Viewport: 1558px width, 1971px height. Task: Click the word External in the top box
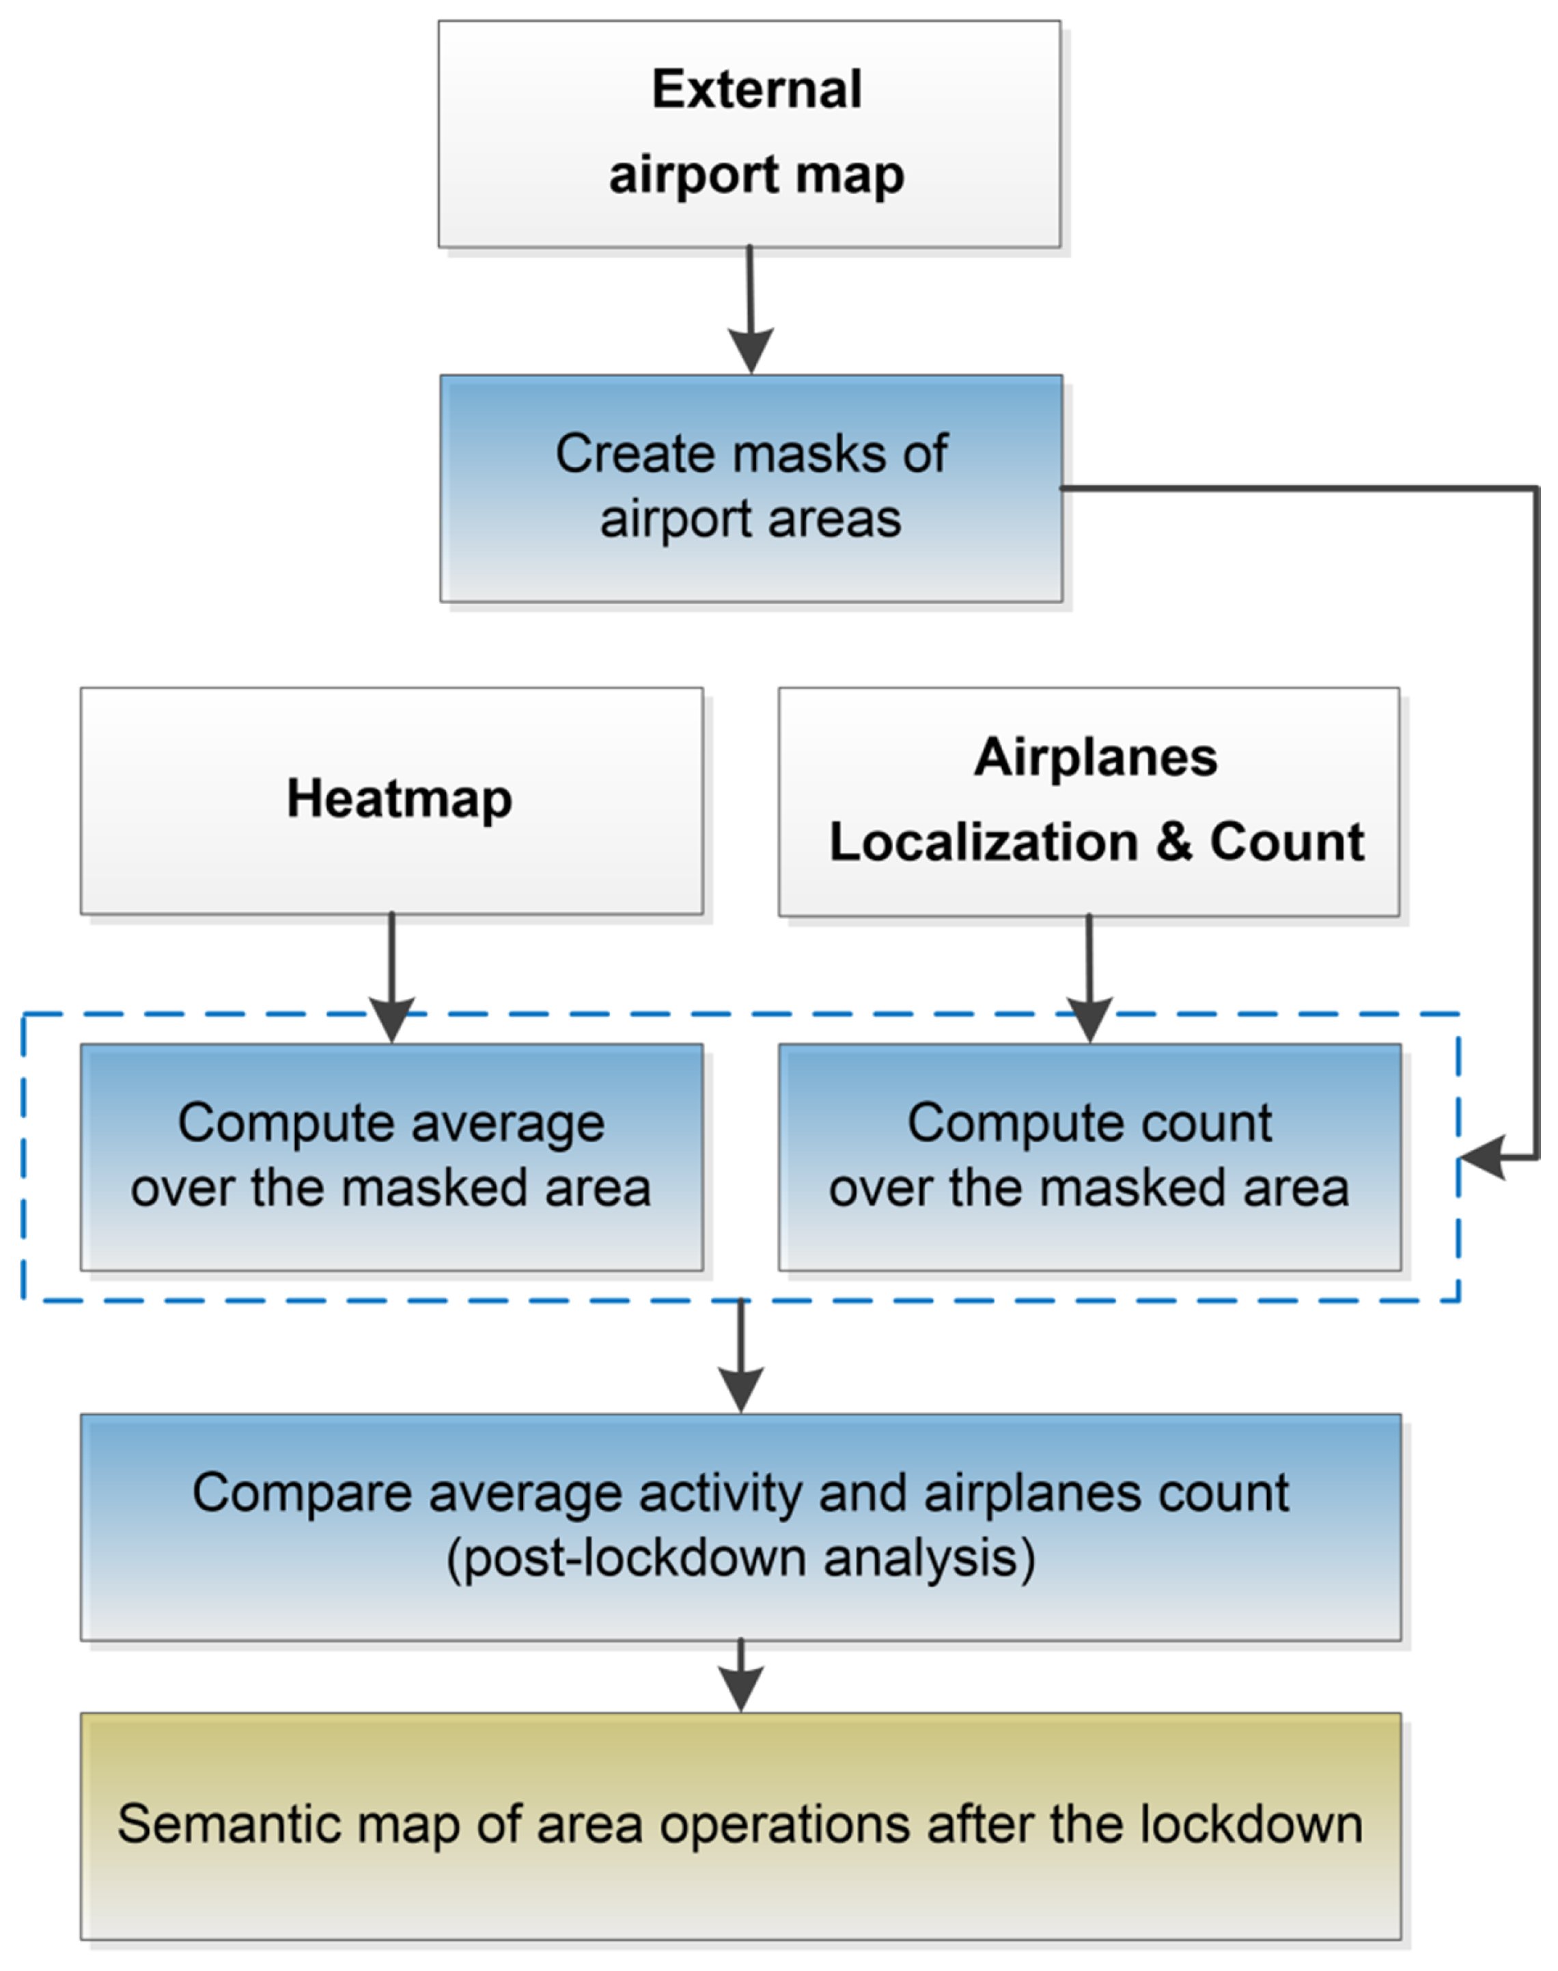point(756,90)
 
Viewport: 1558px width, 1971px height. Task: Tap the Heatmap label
point(399,799)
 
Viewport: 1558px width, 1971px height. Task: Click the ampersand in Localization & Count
point(1174,841)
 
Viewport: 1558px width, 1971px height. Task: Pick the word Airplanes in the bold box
point(1095,757)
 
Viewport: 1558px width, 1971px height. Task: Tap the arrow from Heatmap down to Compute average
point(391,981)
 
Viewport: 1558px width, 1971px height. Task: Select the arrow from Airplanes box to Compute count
point(1089,981)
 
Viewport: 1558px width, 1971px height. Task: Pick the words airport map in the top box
point(756,174)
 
